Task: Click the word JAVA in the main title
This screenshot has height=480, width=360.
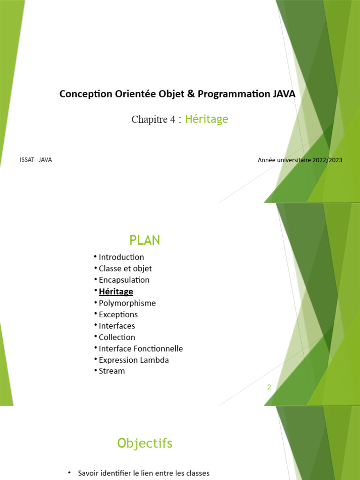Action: (283, 94)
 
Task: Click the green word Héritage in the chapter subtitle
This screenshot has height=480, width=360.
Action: (206, 119)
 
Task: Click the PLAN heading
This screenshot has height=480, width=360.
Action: (145, 240)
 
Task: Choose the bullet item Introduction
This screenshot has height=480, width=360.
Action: (121, 257)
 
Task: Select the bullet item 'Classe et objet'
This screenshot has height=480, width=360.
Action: (125, 269)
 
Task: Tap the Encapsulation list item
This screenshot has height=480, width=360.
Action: (124, 280)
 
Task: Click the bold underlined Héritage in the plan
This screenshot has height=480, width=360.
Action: (116, 292)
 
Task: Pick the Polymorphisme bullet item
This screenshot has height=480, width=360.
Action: (127, 303)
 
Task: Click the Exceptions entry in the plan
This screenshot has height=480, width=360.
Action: (118, 315)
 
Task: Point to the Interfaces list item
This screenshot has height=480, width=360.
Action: (117, 326)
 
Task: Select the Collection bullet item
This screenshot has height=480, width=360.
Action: (117, 337)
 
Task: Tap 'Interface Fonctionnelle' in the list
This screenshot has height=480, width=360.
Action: (141, 349)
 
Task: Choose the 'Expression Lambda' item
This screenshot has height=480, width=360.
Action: (134, 360)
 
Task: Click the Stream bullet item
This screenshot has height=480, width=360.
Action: (112, 371)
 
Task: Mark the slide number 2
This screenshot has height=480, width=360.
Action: (269, 387)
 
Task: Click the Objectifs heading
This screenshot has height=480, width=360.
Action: (145, 443)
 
